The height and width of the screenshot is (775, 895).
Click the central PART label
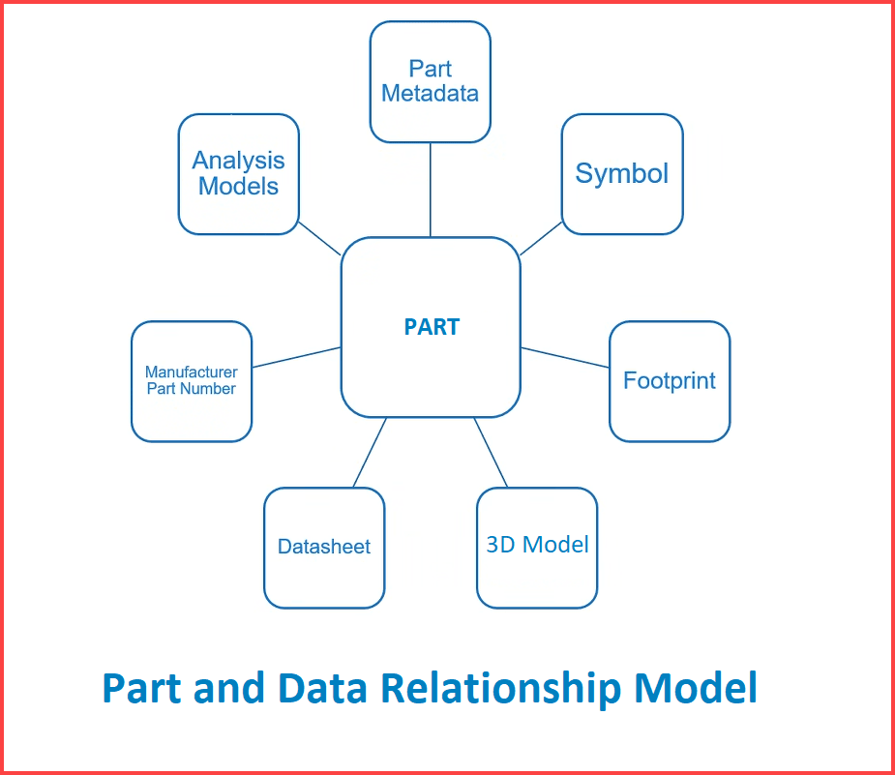point(432,327)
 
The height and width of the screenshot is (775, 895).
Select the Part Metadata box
point(430,81)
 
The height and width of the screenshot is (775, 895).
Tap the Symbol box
point(622,174)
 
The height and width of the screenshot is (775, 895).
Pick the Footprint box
point(670,381)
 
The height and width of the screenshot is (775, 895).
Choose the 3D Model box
point(537,548)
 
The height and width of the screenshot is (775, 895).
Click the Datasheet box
point(324,548)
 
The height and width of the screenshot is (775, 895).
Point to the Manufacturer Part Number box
point(192,381)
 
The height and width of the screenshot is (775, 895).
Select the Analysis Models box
point(239,174)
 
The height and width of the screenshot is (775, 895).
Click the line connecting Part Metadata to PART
point(430,190)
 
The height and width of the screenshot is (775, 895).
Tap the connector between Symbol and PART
point(541,238)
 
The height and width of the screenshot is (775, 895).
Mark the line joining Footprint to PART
point(565,357)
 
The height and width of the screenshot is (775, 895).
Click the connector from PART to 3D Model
point(491,452)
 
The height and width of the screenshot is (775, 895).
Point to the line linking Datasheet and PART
point(370,452)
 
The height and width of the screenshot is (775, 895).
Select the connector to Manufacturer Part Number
point(296,357)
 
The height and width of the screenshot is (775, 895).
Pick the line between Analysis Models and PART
point(319,238)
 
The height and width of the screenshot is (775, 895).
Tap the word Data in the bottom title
point(322,688)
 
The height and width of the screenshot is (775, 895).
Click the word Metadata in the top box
point(430,93)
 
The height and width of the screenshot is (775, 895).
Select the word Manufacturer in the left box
point(192,373)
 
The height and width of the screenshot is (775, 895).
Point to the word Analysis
point(238,161)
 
